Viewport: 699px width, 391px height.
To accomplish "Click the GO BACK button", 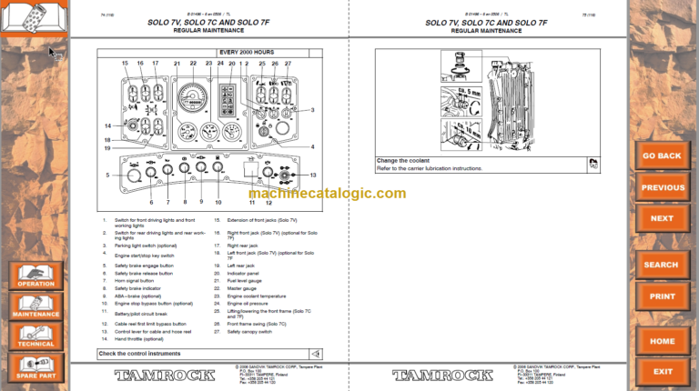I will point(662,155).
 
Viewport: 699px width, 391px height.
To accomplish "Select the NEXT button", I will point(662,218).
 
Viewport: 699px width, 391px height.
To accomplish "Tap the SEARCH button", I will point(661,265).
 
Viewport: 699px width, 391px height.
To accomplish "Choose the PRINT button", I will point(662,296).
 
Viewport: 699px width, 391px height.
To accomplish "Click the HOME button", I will point(662,341).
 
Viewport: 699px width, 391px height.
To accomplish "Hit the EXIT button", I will point(662,371).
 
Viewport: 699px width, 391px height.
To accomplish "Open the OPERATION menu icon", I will point(35,276).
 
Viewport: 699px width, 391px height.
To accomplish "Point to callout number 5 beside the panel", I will point(106,175).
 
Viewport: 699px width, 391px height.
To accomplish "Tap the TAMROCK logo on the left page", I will point(154,375).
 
